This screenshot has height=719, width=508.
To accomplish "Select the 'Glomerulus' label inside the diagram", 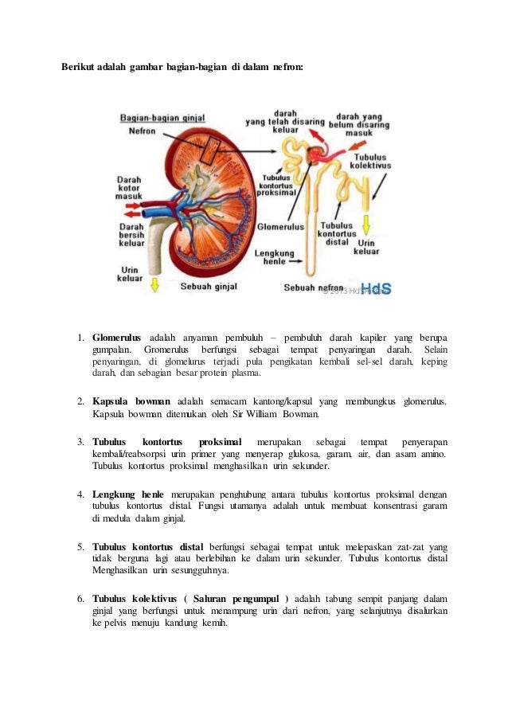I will coord(280,226).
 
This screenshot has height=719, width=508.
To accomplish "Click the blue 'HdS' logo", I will coord(377,288).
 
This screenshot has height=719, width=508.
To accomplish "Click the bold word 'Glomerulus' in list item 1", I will coord(116,338).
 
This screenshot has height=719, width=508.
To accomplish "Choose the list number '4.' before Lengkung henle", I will coord(81,494).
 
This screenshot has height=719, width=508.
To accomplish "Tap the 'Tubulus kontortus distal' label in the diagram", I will coord(337,233).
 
